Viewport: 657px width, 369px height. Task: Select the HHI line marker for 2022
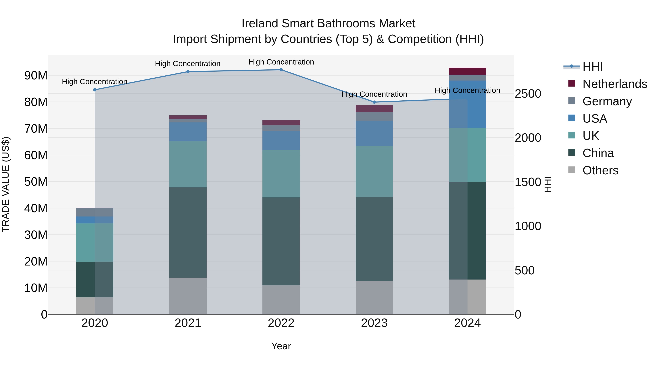[x=281, y=70]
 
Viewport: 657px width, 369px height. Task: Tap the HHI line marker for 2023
[x=374, y=102]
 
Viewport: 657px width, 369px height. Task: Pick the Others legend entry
[x=600, y=170]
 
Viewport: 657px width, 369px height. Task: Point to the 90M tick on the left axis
[x=36, y=76]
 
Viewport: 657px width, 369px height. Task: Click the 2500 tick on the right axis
[x=528, y=94]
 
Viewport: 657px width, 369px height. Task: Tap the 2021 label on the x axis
[x=188, y=323]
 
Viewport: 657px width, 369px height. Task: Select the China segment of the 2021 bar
[x=188, y=233]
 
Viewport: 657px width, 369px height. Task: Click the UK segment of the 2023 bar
[x=374, y=171]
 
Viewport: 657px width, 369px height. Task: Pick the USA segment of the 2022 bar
[x=281, y=140]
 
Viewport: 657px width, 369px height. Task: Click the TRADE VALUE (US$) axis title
[x=6, y=184]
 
